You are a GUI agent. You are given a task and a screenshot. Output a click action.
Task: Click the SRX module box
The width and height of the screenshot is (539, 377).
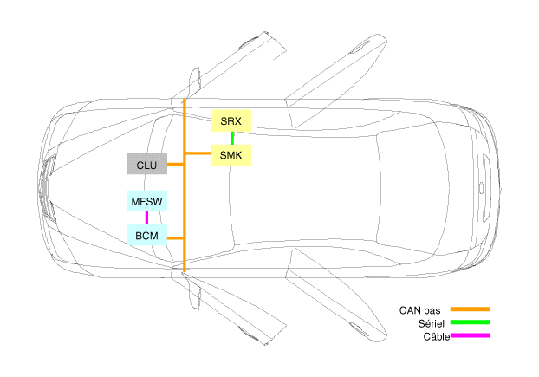(231, 120)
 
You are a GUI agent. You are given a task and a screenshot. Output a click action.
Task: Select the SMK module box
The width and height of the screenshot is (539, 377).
(231, 155)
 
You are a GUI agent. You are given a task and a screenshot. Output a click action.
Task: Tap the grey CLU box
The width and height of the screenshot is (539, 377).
(147, 164)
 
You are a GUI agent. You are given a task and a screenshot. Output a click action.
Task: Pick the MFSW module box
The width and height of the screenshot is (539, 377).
(147, 201)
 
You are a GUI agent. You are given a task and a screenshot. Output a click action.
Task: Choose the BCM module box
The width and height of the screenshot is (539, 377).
(147, 235)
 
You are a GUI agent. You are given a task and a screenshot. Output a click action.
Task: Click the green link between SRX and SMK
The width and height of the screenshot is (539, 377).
(232, 138)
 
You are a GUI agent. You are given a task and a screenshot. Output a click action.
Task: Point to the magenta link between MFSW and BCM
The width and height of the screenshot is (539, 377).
(146, 218)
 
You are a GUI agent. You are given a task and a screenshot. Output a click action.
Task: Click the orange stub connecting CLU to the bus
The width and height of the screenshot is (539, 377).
(175, 165)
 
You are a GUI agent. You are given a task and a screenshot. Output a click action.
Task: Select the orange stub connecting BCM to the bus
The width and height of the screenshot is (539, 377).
(175, 237)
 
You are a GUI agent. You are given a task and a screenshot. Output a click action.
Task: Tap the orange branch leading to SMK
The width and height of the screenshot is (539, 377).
(198, 153)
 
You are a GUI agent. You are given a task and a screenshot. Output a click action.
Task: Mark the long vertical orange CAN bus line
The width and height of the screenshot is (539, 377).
(185, 185)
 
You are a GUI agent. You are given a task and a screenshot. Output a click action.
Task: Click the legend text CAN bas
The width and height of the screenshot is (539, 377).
(419, 310)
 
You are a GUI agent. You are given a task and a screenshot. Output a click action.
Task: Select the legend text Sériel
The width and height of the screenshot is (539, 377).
(432, 323)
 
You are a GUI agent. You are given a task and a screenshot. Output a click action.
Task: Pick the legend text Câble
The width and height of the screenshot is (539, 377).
(437, 336)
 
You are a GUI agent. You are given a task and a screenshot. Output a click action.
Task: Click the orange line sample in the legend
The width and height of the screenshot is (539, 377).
(471, 309)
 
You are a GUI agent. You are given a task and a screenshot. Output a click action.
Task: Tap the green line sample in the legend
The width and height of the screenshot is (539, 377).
(471, 322)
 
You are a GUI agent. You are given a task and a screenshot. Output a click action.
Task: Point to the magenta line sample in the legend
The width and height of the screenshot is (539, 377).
(471, 335)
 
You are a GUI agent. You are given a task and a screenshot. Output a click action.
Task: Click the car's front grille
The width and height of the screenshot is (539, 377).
(47, 188)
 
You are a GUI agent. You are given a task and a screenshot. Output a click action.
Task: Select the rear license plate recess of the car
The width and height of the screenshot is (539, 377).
(486, 188)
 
